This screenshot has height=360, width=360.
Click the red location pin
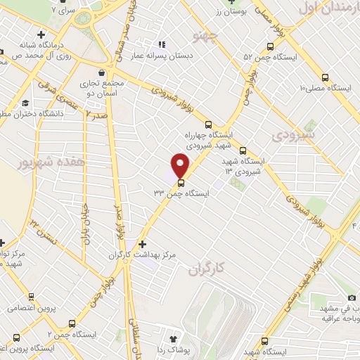coord(181,165)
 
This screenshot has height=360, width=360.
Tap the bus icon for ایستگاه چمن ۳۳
coord(181,184)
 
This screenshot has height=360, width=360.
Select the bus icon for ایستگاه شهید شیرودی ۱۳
coord(243,150)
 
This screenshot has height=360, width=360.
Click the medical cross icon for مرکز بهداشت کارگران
coord(143,243)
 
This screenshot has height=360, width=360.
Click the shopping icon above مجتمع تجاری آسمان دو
coord(103,72)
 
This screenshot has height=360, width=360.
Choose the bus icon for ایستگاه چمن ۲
coord(73,323)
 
